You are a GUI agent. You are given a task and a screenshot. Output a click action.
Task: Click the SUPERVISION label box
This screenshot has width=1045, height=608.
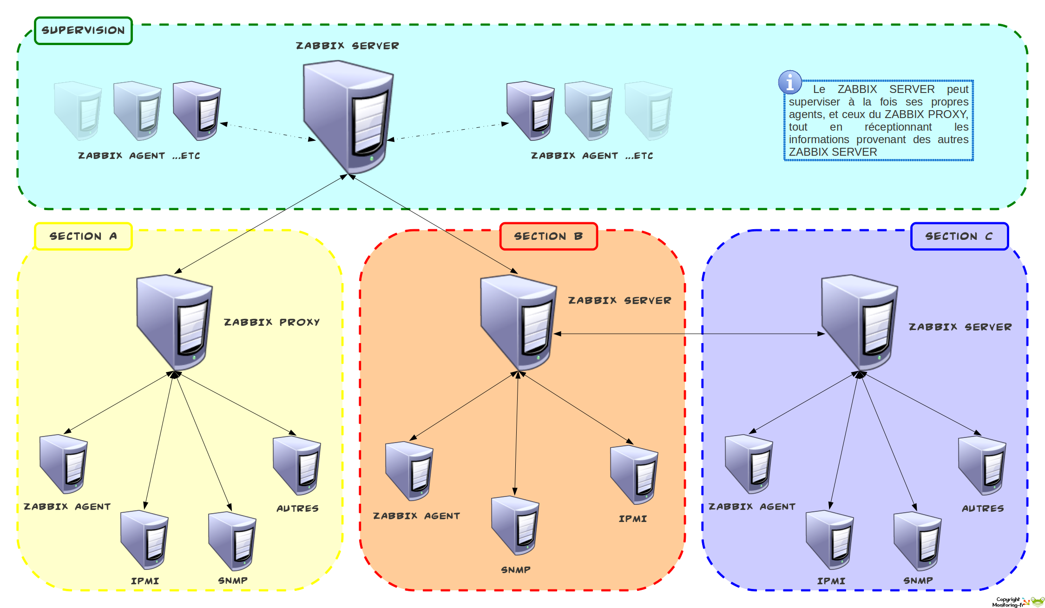(83, 31)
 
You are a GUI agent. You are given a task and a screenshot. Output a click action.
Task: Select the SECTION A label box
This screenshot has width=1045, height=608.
(83, 236)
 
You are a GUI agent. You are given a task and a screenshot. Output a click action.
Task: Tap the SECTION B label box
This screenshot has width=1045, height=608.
(548, 236)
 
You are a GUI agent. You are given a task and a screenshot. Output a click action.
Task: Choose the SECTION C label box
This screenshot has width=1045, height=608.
(959, 236)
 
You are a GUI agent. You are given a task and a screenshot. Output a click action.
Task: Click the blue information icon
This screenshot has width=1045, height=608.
(789, 82)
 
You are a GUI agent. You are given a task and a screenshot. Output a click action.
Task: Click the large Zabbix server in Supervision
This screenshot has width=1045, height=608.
(348, 116)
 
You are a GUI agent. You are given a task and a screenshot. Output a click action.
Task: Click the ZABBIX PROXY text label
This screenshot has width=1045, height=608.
(272, 322)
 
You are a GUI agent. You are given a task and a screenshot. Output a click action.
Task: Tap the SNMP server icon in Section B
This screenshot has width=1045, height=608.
(515, 525)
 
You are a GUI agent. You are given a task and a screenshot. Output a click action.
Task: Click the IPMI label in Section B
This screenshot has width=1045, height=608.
(632, 519)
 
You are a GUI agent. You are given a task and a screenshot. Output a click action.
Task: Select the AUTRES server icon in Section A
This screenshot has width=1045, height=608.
(297, 465)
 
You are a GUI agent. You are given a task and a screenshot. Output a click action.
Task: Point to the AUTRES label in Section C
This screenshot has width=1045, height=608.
(983, 509)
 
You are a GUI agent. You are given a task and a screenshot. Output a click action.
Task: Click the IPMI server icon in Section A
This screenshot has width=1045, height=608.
(145, 539)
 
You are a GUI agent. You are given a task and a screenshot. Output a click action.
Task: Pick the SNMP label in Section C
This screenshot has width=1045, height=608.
(918, 581)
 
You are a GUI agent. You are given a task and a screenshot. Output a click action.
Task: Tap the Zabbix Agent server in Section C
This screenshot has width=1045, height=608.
(749, 463)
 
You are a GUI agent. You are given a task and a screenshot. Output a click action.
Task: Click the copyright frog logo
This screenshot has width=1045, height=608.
(1037, 601)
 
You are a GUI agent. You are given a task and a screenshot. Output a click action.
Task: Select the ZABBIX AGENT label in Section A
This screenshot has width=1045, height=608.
(67, 507)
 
